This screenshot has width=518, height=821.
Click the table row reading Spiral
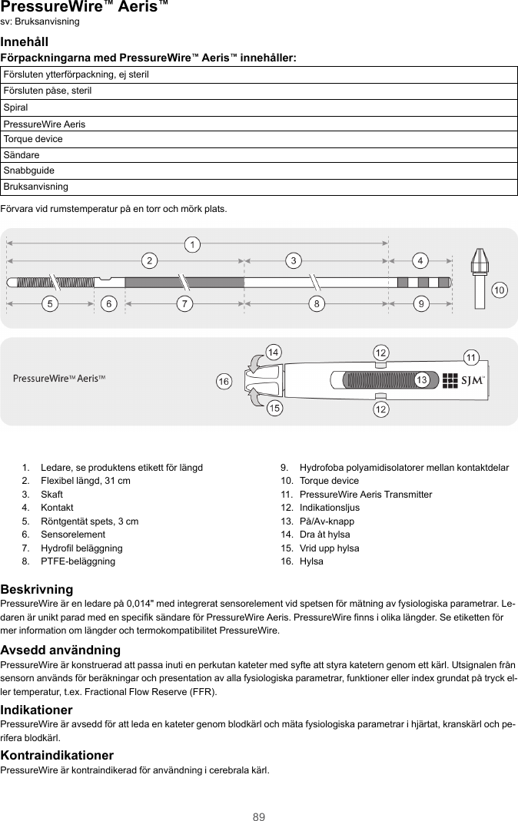click(259, 107)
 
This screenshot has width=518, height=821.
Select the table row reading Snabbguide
click(259, 170)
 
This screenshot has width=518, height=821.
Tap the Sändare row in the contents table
click(259, 155)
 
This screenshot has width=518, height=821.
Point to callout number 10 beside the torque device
click(500, 290)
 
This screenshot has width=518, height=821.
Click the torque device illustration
click(479, 276)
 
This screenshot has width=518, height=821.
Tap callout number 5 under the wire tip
click(51, 304)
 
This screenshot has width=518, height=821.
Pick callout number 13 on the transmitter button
click(421, 380)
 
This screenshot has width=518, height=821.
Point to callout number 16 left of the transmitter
click(224, 381)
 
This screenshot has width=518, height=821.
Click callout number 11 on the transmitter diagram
click(471, 357)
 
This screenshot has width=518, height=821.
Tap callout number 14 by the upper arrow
click(272, 353)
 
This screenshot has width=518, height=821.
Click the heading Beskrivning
click(37, 589)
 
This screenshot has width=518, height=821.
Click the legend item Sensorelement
click(73, 535)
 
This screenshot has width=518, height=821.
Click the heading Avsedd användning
click(61, 651)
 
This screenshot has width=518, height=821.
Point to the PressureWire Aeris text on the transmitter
click(59, 379)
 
